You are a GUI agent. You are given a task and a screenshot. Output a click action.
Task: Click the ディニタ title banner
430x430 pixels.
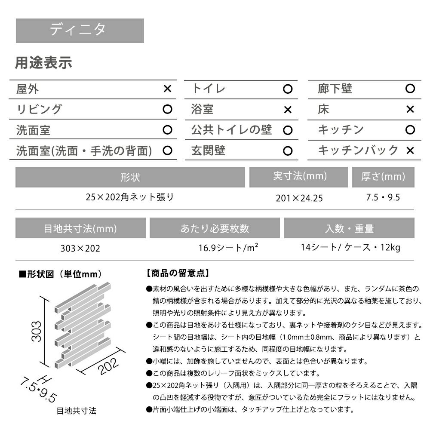pos(80,30)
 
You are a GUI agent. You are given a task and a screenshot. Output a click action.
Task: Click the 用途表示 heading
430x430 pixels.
pos(43,63)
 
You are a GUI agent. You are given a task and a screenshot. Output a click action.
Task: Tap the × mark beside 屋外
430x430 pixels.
pos(168,89)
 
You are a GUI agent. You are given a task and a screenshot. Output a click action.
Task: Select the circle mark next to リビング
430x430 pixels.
pos(168,110)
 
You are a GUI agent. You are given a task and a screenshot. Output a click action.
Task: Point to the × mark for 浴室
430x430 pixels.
pos(288,110)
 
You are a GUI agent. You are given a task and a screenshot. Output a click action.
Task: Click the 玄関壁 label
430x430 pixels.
pos(208,150)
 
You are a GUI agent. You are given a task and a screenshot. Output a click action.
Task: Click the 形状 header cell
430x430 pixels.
pos(130,177)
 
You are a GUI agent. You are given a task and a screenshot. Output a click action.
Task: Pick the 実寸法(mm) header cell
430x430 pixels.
pos(300,176)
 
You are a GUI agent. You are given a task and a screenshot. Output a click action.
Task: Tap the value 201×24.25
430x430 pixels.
pos(299,198)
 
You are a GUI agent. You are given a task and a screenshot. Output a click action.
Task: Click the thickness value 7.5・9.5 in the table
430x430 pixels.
pos(383,197)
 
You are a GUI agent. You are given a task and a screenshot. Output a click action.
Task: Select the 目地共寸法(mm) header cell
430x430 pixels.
pos(80,228)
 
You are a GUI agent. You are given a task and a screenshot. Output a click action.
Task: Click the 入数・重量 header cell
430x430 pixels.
pos(349,228)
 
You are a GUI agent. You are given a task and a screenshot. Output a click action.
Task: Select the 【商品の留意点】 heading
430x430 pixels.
pos(177,273)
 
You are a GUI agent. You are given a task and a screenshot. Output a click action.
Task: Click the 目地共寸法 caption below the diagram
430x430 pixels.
pos(77,411)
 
